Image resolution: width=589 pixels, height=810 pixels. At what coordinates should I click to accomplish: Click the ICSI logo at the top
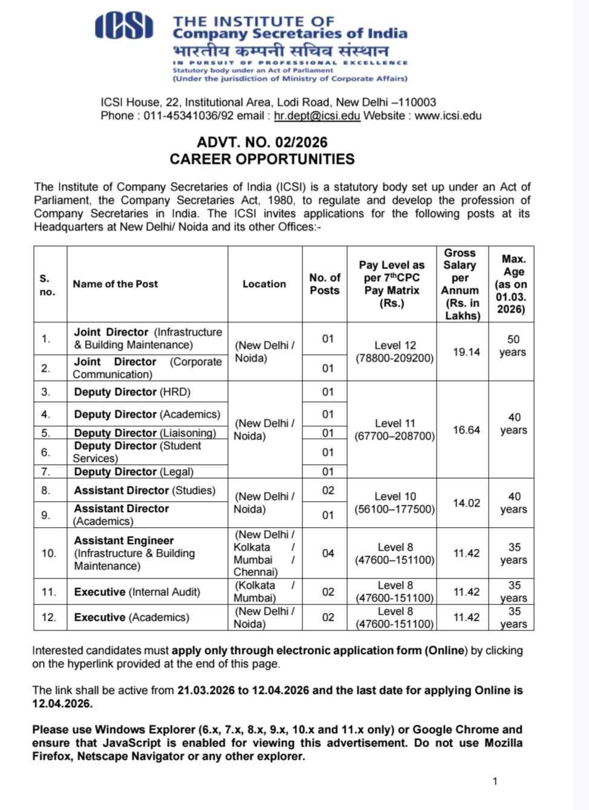124,27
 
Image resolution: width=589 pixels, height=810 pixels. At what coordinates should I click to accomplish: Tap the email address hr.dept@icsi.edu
317,115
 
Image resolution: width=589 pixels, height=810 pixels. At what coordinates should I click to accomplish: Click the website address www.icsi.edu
447,115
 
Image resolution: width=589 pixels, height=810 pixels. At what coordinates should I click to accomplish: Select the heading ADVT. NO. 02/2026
262,143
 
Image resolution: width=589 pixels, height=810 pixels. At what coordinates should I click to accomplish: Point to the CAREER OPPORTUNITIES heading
262,159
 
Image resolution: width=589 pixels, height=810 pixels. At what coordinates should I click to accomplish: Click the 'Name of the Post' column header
115,284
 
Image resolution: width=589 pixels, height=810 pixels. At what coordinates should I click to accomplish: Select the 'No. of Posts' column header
325,284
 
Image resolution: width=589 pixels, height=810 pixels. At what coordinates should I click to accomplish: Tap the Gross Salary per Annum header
462,284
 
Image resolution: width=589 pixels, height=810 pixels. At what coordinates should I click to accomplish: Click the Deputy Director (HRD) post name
132,392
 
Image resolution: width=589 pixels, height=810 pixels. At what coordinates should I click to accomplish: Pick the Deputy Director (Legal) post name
134,471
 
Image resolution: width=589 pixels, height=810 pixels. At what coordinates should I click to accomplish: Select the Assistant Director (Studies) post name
145,490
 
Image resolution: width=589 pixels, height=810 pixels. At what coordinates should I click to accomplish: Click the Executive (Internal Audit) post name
137,592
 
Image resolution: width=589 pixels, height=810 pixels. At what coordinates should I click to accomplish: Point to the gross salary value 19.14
466,352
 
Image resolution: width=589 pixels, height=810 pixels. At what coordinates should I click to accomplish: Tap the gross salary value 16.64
466,430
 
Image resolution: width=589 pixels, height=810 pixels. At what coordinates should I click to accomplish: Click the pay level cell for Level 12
394,352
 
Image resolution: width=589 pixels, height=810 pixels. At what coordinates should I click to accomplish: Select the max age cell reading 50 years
513,346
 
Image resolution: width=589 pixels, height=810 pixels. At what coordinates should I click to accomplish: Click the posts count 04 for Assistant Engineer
328,553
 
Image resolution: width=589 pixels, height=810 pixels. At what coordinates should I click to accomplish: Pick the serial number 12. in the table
49,617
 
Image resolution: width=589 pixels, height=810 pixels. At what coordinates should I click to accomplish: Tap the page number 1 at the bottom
495,782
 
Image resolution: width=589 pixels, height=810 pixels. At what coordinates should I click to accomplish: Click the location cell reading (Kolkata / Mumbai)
264,592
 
